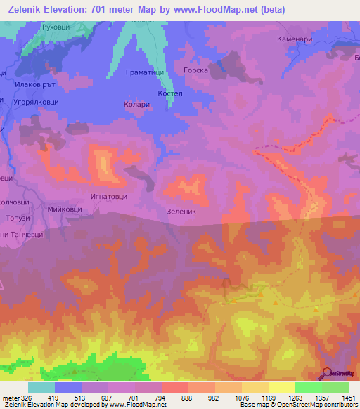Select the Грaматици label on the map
[145, 72]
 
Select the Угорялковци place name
[37, 102]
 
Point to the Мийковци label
[65, 209]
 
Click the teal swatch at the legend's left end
[41, 387]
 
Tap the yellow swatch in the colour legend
[281, 387]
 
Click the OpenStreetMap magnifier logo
[328, 372]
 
